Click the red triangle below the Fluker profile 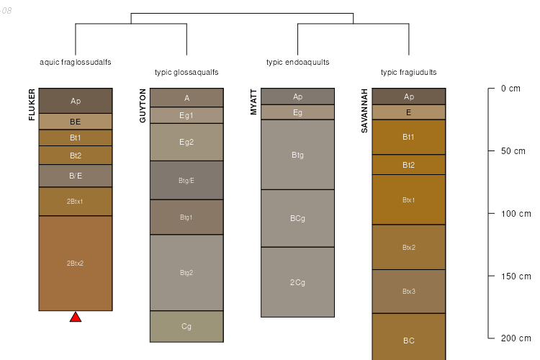click(76, 317)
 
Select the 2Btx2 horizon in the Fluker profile click(76, 264)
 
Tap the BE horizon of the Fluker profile click(76, 122)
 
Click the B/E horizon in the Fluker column click(76, 176)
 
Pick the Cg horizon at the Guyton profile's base click(186, 326)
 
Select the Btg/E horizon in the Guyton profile click(186, 181)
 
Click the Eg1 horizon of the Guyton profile click(186, 115)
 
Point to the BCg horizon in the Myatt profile click(297, 218)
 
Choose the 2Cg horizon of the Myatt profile click(297, 282)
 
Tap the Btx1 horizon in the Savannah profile click(409, 199)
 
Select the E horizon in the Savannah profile click(409, 112)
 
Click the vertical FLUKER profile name click(32, 105)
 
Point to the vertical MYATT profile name click(253, 102)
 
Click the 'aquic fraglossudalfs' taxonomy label click(75, 62)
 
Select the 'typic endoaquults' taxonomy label click(297, 62)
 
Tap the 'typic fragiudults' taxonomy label click(408, 72)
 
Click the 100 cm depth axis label click(515, 214)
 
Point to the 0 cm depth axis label click(510, 89)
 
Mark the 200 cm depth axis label click(515, 338)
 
